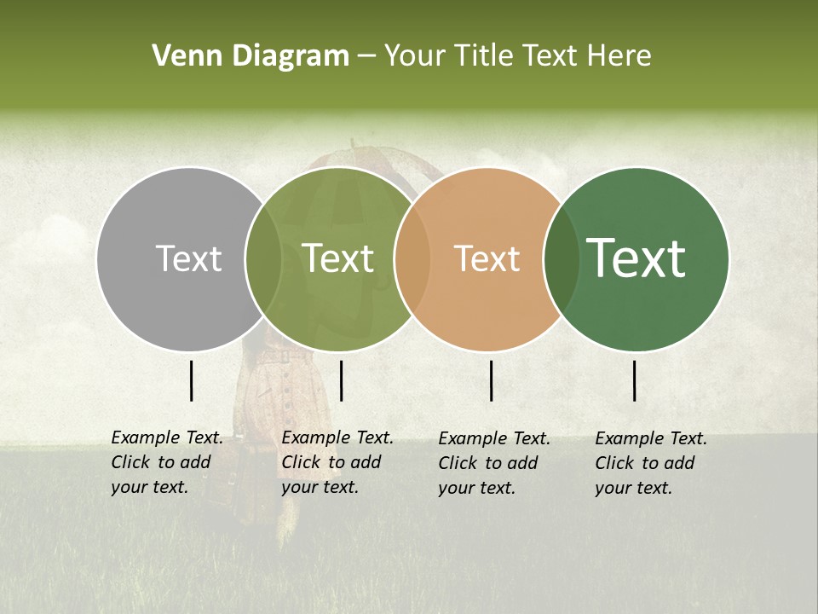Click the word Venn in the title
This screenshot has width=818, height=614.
tap(180, 55)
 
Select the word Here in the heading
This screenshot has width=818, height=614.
tap(620, 55)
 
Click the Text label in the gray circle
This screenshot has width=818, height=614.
tap(188, 258)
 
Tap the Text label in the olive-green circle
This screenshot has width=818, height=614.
tap(337, 258)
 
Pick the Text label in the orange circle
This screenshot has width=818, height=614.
tap(487, 258)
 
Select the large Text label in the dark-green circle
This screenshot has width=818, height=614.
tap(636, 258)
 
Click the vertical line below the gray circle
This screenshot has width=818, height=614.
tap(192, 380)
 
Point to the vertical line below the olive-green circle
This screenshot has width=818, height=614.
tap(341, 380)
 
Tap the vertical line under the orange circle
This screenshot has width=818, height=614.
tap(492, 380)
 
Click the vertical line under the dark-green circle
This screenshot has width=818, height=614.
tap(635, 380)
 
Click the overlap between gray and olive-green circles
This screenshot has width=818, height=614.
tap(263, 258)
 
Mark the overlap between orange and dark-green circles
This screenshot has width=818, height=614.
tap(562, 258)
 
